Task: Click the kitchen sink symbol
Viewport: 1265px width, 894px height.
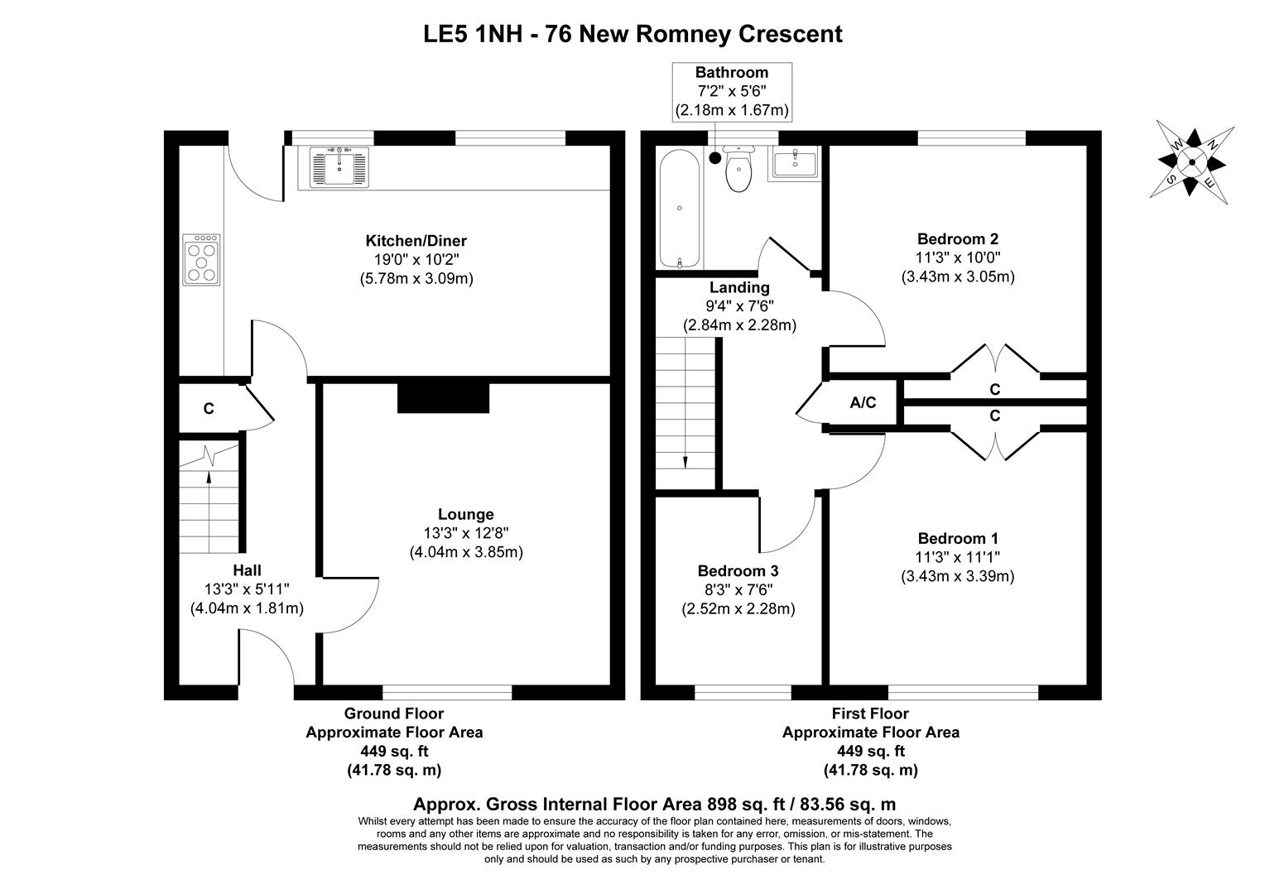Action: [339, 166]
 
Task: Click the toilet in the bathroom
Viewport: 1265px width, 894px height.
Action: [738, 169]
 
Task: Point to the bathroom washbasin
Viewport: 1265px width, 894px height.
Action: [794, 163]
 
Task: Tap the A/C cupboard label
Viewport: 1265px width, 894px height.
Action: [863, 403]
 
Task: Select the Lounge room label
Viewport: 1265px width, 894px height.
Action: [466, 514]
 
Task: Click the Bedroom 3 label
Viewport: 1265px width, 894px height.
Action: [738, 571]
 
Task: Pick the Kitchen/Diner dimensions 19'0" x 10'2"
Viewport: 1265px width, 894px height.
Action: [416, 260]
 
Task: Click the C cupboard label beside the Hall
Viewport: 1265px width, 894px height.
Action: [209, 408]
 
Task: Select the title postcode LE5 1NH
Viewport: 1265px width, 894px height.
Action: [472, 34]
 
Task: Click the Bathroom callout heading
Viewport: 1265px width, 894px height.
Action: [731, 73]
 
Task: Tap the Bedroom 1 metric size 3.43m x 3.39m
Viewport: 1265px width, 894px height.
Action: [958, 576]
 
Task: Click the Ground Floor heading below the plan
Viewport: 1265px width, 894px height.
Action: [393, 714]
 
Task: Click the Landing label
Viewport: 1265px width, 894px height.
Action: [739, 287]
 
